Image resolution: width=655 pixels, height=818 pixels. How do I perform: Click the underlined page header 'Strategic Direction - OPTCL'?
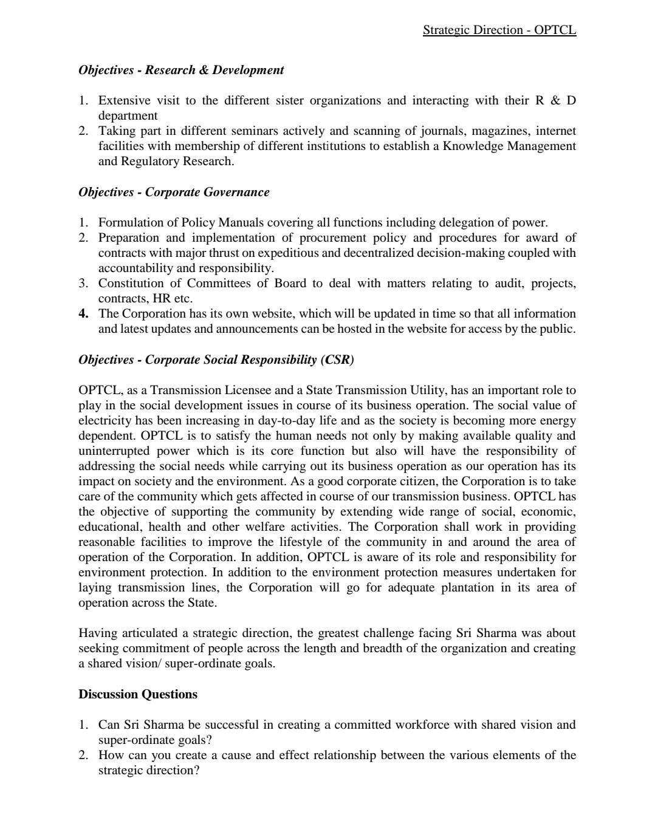point(499,30)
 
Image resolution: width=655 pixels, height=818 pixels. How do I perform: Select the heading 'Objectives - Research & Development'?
point(181,70)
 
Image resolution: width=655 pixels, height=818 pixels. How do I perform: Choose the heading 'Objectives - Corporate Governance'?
point(174,192)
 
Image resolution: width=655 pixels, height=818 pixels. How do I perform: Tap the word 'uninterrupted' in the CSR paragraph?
point(115,451)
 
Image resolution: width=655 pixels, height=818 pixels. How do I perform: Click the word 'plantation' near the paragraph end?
point(465,587)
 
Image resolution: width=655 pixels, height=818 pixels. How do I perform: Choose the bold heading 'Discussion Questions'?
point(138,694)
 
